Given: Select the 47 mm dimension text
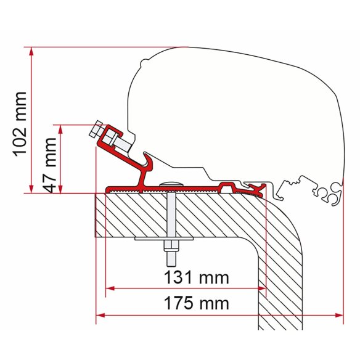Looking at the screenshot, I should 50,159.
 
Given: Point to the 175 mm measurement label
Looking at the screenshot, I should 192,303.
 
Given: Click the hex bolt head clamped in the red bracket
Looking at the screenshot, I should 97,132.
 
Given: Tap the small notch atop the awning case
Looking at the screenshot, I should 142,62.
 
